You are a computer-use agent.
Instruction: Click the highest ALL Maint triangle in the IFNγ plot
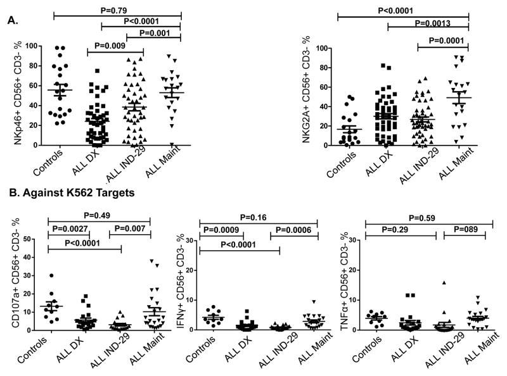pyautogui.click(x=312, y=302)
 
